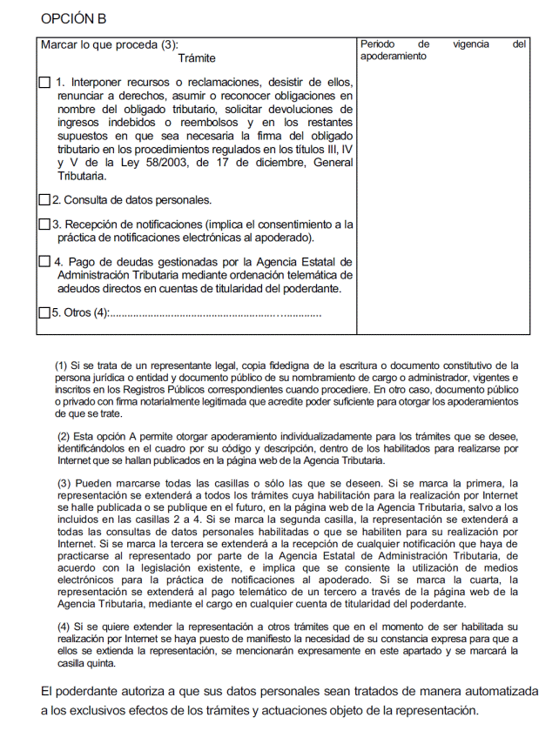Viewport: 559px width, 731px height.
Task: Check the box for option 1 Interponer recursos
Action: click(x=45, y=84)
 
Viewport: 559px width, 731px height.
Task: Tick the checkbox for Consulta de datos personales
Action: click(x=45, y=199)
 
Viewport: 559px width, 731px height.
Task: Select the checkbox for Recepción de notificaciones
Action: click(x=45, y=225)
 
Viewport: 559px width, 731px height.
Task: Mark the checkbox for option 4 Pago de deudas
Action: click(x=45, y=262)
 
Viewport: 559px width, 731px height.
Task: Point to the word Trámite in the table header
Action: click(x=196, y=58)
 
